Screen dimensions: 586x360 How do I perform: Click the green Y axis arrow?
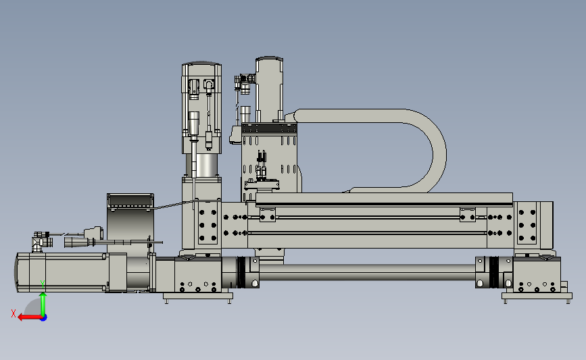tap(43, 305)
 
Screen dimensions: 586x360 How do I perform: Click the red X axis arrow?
tap(30, 317)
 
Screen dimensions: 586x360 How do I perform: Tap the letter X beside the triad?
tap(14, 313)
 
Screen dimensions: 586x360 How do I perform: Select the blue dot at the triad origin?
tap(44, 318)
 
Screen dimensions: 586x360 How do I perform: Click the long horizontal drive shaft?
tap(367, 272)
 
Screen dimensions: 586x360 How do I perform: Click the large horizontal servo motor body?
tap(62, 272)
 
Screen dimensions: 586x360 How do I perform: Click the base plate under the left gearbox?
tap(198, 297)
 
